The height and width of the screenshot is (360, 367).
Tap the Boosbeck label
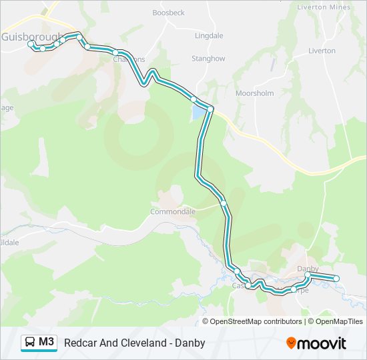coord(168,13)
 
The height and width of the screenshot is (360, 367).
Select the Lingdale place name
coord(209,35)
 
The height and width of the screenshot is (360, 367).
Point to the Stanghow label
coord(208,59)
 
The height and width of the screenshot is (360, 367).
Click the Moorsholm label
coord(254,93)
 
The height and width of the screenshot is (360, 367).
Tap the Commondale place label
coord(173,211)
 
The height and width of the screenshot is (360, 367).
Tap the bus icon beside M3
coord(31,343)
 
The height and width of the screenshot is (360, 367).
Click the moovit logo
coord(316,343)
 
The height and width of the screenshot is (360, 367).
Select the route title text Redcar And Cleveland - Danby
coord(134,343)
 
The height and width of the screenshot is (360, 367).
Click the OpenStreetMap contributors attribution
coord(256,321)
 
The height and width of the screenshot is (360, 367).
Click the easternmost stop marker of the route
coord(336,278)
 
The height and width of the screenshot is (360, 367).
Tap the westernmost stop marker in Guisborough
coord(31,43)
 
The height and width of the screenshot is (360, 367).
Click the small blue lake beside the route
coord(198,113)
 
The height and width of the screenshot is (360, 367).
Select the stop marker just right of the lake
coord(210,109)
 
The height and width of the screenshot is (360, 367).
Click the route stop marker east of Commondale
coord(223,202)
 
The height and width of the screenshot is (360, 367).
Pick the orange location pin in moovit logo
coord(291,343)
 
